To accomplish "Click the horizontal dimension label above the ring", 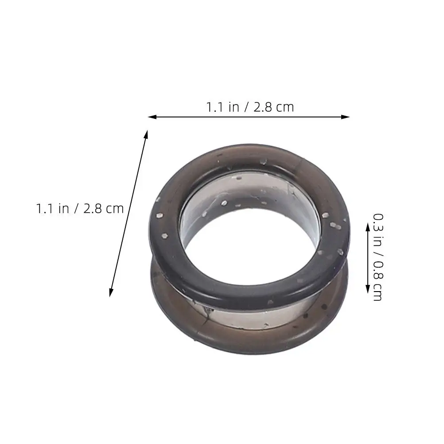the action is click(x=250, y=107).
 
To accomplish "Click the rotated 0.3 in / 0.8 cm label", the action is click(x=378, y=257).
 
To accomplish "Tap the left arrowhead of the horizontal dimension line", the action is click(x=152, y=117).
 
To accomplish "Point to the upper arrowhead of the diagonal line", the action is click(x=146, y=134).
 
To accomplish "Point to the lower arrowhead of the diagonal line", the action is click(x=111, y=292).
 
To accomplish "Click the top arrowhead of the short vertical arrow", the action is click(x=368, y=227).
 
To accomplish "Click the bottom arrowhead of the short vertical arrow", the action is click(x=368, y=289).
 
